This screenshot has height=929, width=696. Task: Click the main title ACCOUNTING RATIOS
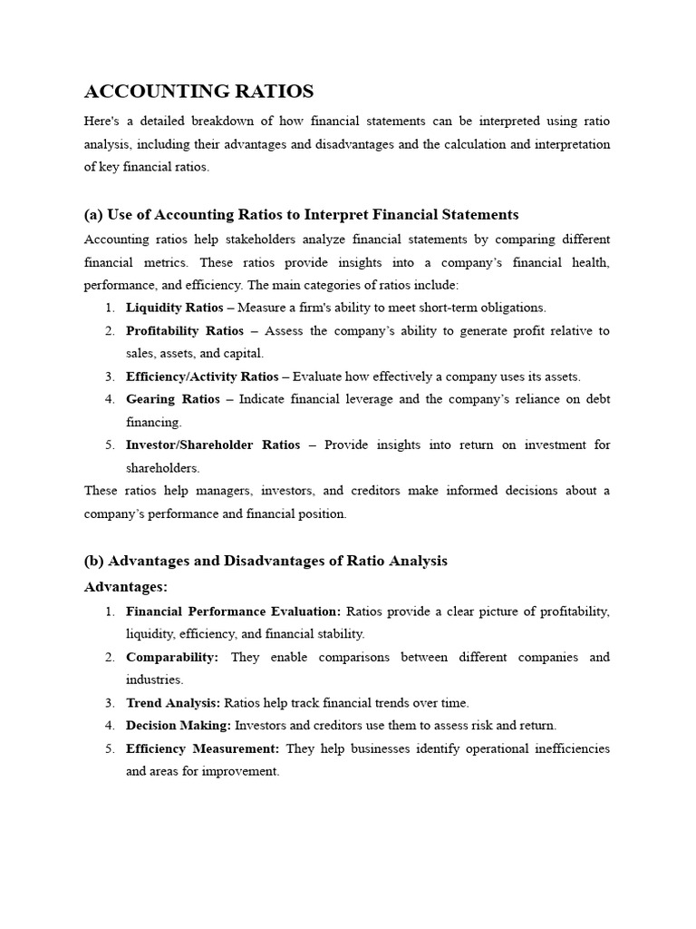click(198, 92)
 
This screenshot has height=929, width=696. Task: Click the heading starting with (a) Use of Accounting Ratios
click(301, 215)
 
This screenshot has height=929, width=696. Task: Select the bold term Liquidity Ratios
click(174, 308)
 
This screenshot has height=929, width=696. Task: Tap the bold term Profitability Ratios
click(179, 330)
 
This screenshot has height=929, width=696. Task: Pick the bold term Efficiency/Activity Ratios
click(202, 376)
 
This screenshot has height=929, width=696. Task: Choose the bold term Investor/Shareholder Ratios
click(213, 445)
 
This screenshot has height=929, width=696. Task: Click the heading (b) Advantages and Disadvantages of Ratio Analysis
click(266, 561)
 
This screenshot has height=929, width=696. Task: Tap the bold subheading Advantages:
click(126, 587)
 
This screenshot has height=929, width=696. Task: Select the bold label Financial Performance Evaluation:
click(233, 611)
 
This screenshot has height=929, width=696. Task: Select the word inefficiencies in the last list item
click(567, 748)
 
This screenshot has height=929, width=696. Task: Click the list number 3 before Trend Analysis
click(109, 702)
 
